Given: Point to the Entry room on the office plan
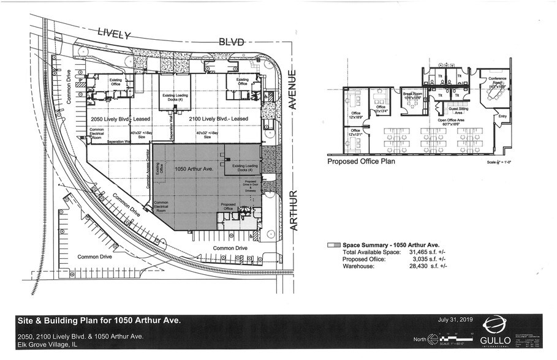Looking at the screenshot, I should pos(503,116).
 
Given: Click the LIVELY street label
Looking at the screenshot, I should pos(115,35).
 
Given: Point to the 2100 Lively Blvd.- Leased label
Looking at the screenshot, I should pos(218,118).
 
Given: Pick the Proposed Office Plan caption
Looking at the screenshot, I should pos(361,162).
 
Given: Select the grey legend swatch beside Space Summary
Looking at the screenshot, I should pos(333,244).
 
